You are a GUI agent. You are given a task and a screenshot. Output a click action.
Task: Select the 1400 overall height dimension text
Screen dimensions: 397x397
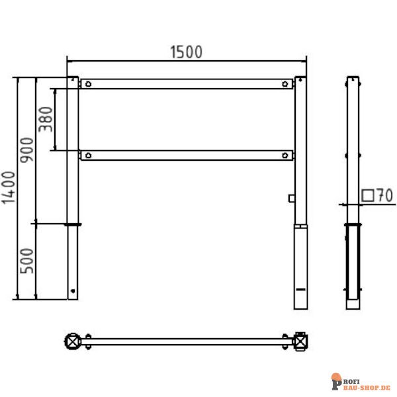coord(8,188)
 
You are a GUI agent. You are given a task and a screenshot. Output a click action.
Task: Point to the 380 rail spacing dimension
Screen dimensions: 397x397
coord(46,120)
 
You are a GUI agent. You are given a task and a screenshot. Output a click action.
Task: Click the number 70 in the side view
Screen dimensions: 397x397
coord(385,195)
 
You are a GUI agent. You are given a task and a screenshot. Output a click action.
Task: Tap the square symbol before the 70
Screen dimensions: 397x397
coord(368,195)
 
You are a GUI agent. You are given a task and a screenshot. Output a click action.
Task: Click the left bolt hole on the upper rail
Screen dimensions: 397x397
coord(87,84)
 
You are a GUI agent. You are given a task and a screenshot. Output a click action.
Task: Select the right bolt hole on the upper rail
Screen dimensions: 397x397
coord(285,84)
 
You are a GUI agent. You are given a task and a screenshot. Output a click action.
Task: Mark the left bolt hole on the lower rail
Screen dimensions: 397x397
coord(87,155)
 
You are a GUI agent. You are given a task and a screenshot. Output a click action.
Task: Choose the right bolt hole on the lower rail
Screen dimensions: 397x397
coord(285,155)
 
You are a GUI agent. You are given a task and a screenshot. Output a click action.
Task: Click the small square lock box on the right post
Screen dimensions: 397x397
coord(291,197)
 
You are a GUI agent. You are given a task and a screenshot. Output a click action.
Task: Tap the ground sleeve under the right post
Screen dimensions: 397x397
coord(300,268)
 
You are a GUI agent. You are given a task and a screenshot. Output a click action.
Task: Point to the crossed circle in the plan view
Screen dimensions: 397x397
coord(72,341)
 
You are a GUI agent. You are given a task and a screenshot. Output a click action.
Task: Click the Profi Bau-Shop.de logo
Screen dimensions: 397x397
coord(361,382)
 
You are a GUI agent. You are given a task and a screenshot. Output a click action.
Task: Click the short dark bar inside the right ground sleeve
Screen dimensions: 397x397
coord(300,290)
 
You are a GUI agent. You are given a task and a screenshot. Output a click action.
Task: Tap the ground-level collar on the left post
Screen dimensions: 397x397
coord(73,225)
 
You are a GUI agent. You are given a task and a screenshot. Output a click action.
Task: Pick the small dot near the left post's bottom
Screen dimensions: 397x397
coord(73,288)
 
